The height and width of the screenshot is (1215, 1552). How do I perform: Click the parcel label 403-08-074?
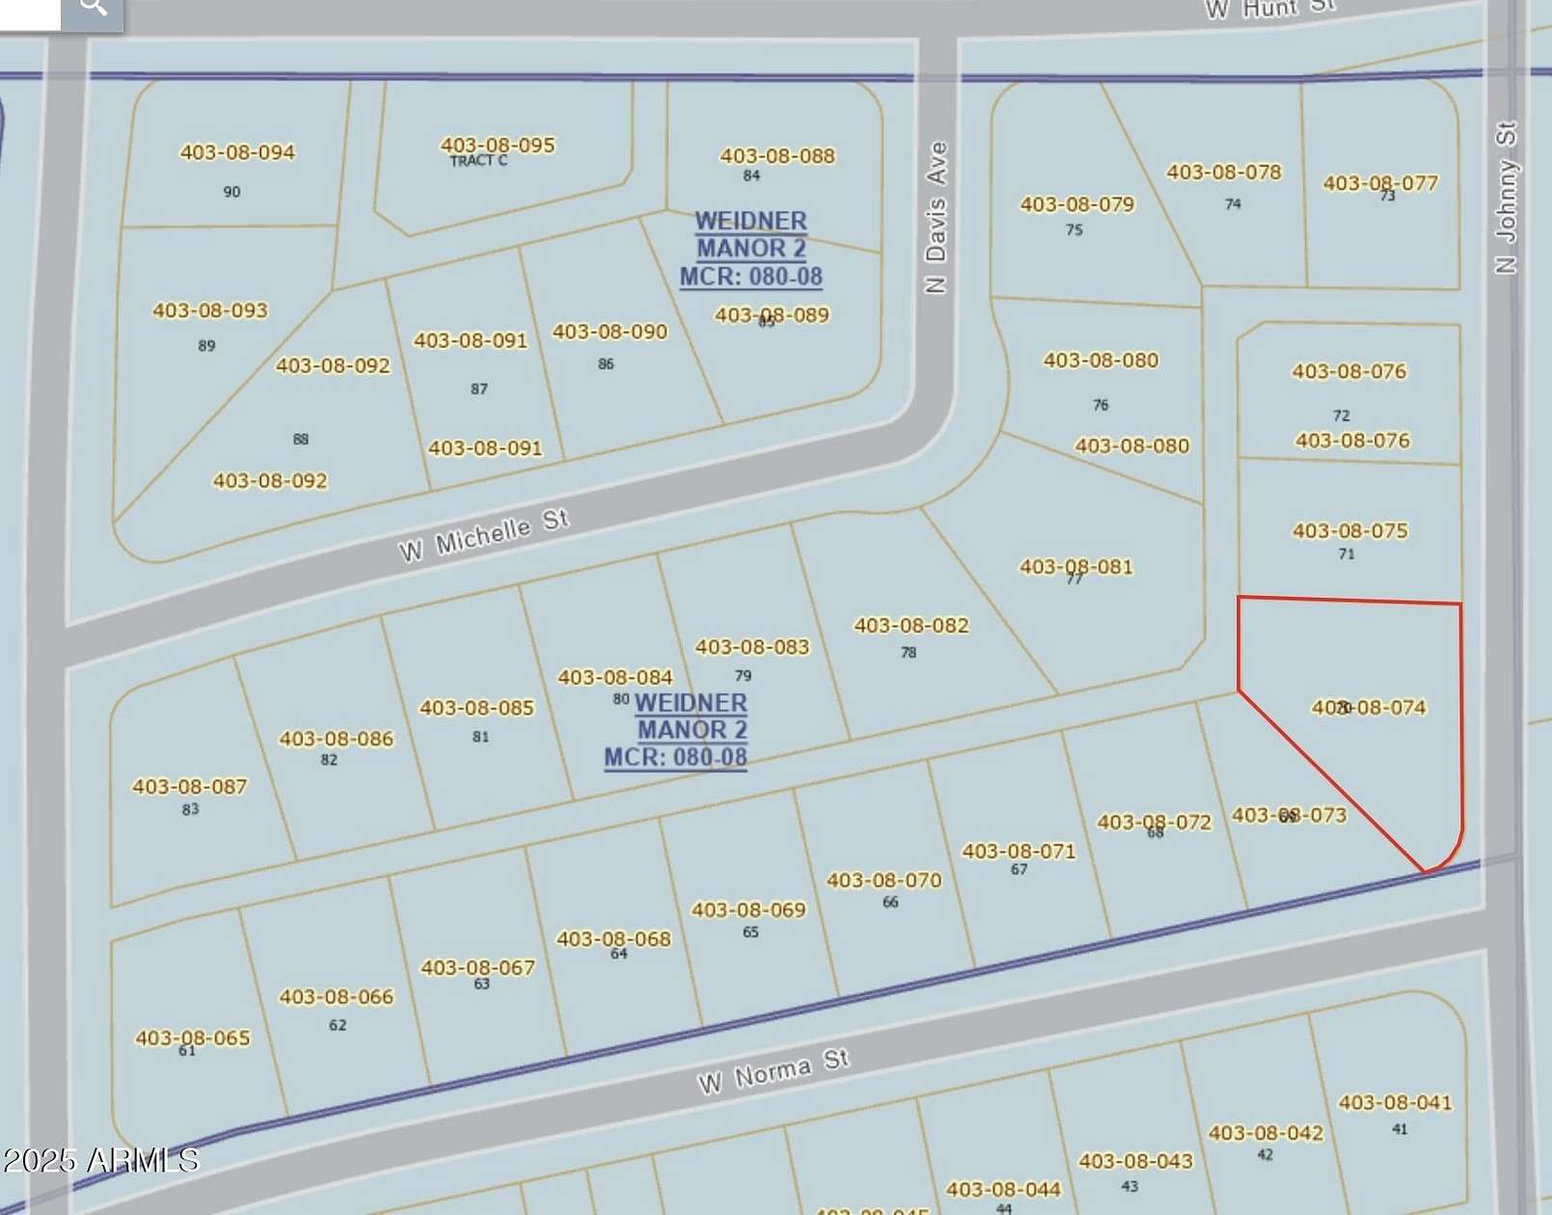point(1369,708)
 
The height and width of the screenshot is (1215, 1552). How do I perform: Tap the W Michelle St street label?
point(484,535)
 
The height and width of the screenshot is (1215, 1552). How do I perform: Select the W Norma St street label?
point(774,1071)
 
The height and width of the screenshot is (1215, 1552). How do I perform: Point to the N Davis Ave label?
point(936,218)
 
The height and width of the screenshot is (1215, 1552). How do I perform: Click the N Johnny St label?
point(1506,198)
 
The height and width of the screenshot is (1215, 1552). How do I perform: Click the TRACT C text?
point(478,161)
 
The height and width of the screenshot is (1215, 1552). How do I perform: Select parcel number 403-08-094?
point(237,152)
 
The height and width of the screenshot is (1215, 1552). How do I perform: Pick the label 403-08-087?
point(190,787)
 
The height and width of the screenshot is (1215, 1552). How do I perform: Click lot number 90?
point(231,192)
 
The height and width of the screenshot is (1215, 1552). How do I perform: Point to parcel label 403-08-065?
point(193,1039)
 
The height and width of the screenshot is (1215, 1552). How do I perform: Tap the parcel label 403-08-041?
point(1395,1103)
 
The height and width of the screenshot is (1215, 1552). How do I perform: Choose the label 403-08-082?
point(912,626)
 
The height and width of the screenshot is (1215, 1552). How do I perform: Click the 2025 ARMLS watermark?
point(101,1160)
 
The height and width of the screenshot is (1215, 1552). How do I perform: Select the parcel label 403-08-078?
point(1224,173)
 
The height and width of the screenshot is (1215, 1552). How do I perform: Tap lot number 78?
point(909,653)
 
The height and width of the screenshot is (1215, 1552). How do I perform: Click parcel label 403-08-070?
point(884,880)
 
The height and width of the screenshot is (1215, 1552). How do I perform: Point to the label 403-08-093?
point(210,310)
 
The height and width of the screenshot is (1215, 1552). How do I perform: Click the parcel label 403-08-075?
point(1350,531)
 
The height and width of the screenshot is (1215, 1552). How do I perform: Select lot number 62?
point(338,1025)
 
